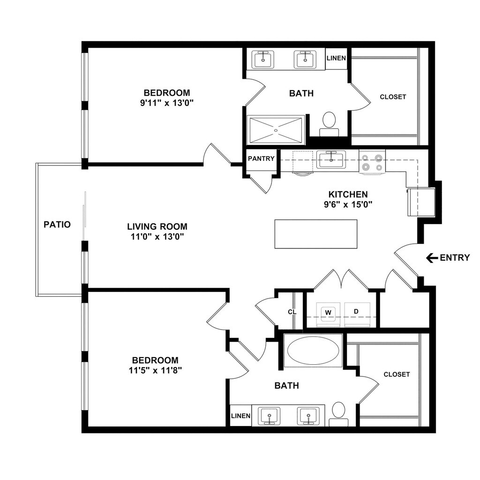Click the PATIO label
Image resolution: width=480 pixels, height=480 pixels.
[x=57, y=225]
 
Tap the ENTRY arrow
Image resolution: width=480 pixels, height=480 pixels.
[x=432, y=257]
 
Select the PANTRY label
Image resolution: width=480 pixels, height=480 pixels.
[x=261, y=158]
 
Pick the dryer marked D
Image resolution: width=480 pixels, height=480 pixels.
[x=356, y=311]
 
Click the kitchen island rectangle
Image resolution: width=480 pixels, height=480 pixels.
[x=315, y=234]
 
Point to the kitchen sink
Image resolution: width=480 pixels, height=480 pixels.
[x=331, y=159]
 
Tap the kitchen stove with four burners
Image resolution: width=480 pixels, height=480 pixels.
[x=372, y=162]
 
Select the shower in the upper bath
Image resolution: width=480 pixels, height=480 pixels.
[x=276, y=129]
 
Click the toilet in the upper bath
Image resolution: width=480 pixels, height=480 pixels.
[x=329, y=121]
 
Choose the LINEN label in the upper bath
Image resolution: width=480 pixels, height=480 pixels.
[x=336, y=59]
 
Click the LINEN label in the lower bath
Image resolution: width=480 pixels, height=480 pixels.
[x=240, y=416]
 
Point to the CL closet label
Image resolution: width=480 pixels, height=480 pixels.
[x=291, y=312]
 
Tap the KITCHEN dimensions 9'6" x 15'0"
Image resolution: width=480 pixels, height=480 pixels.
[x=347, y=204]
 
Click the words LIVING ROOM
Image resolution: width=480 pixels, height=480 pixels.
[x=157, y=226]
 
